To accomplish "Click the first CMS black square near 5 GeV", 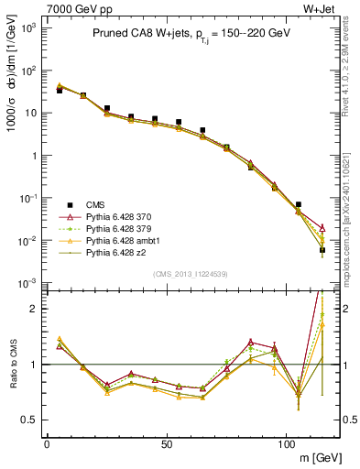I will [60, 91].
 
